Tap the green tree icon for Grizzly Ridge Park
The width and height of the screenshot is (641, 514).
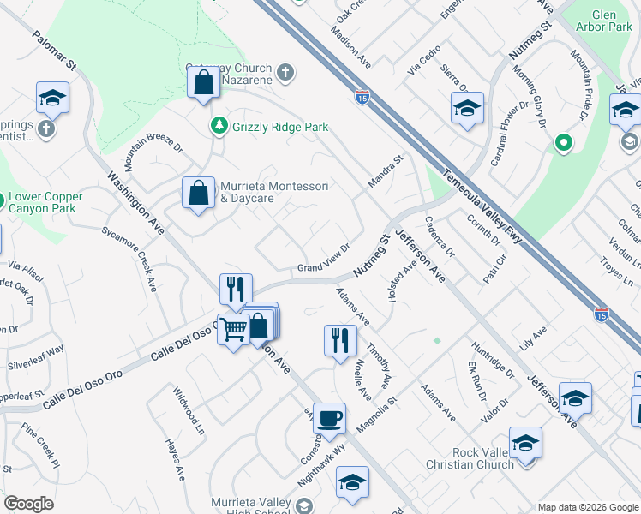tap(219, 126)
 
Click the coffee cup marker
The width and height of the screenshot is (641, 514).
tap(329, 420)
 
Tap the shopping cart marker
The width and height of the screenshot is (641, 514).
tap(233, 329)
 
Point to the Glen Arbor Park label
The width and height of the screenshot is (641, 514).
tap(612, 21)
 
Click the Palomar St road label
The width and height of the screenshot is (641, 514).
tap(55, 52)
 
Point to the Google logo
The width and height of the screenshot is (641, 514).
tap(28, 503)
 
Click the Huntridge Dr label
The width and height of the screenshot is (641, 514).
tap(493, 362)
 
